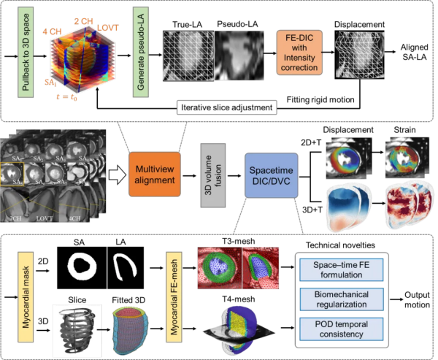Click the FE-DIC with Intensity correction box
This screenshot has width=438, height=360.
pos(298,51)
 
